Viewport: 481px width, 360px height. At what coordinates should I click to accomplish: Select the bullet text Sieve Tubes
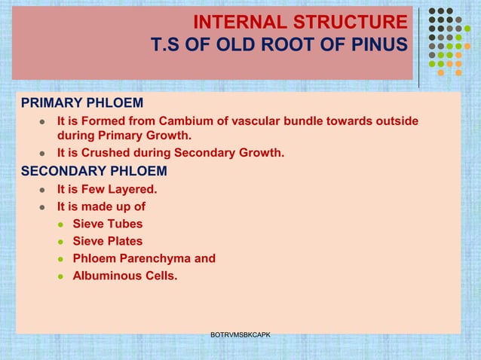point(107,224)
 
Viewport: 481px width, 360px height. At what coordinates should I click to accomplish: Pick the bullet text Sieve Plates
point(107,241)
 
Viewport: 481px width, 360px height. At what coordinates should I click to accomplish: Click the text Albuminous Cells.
point(125,276)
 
